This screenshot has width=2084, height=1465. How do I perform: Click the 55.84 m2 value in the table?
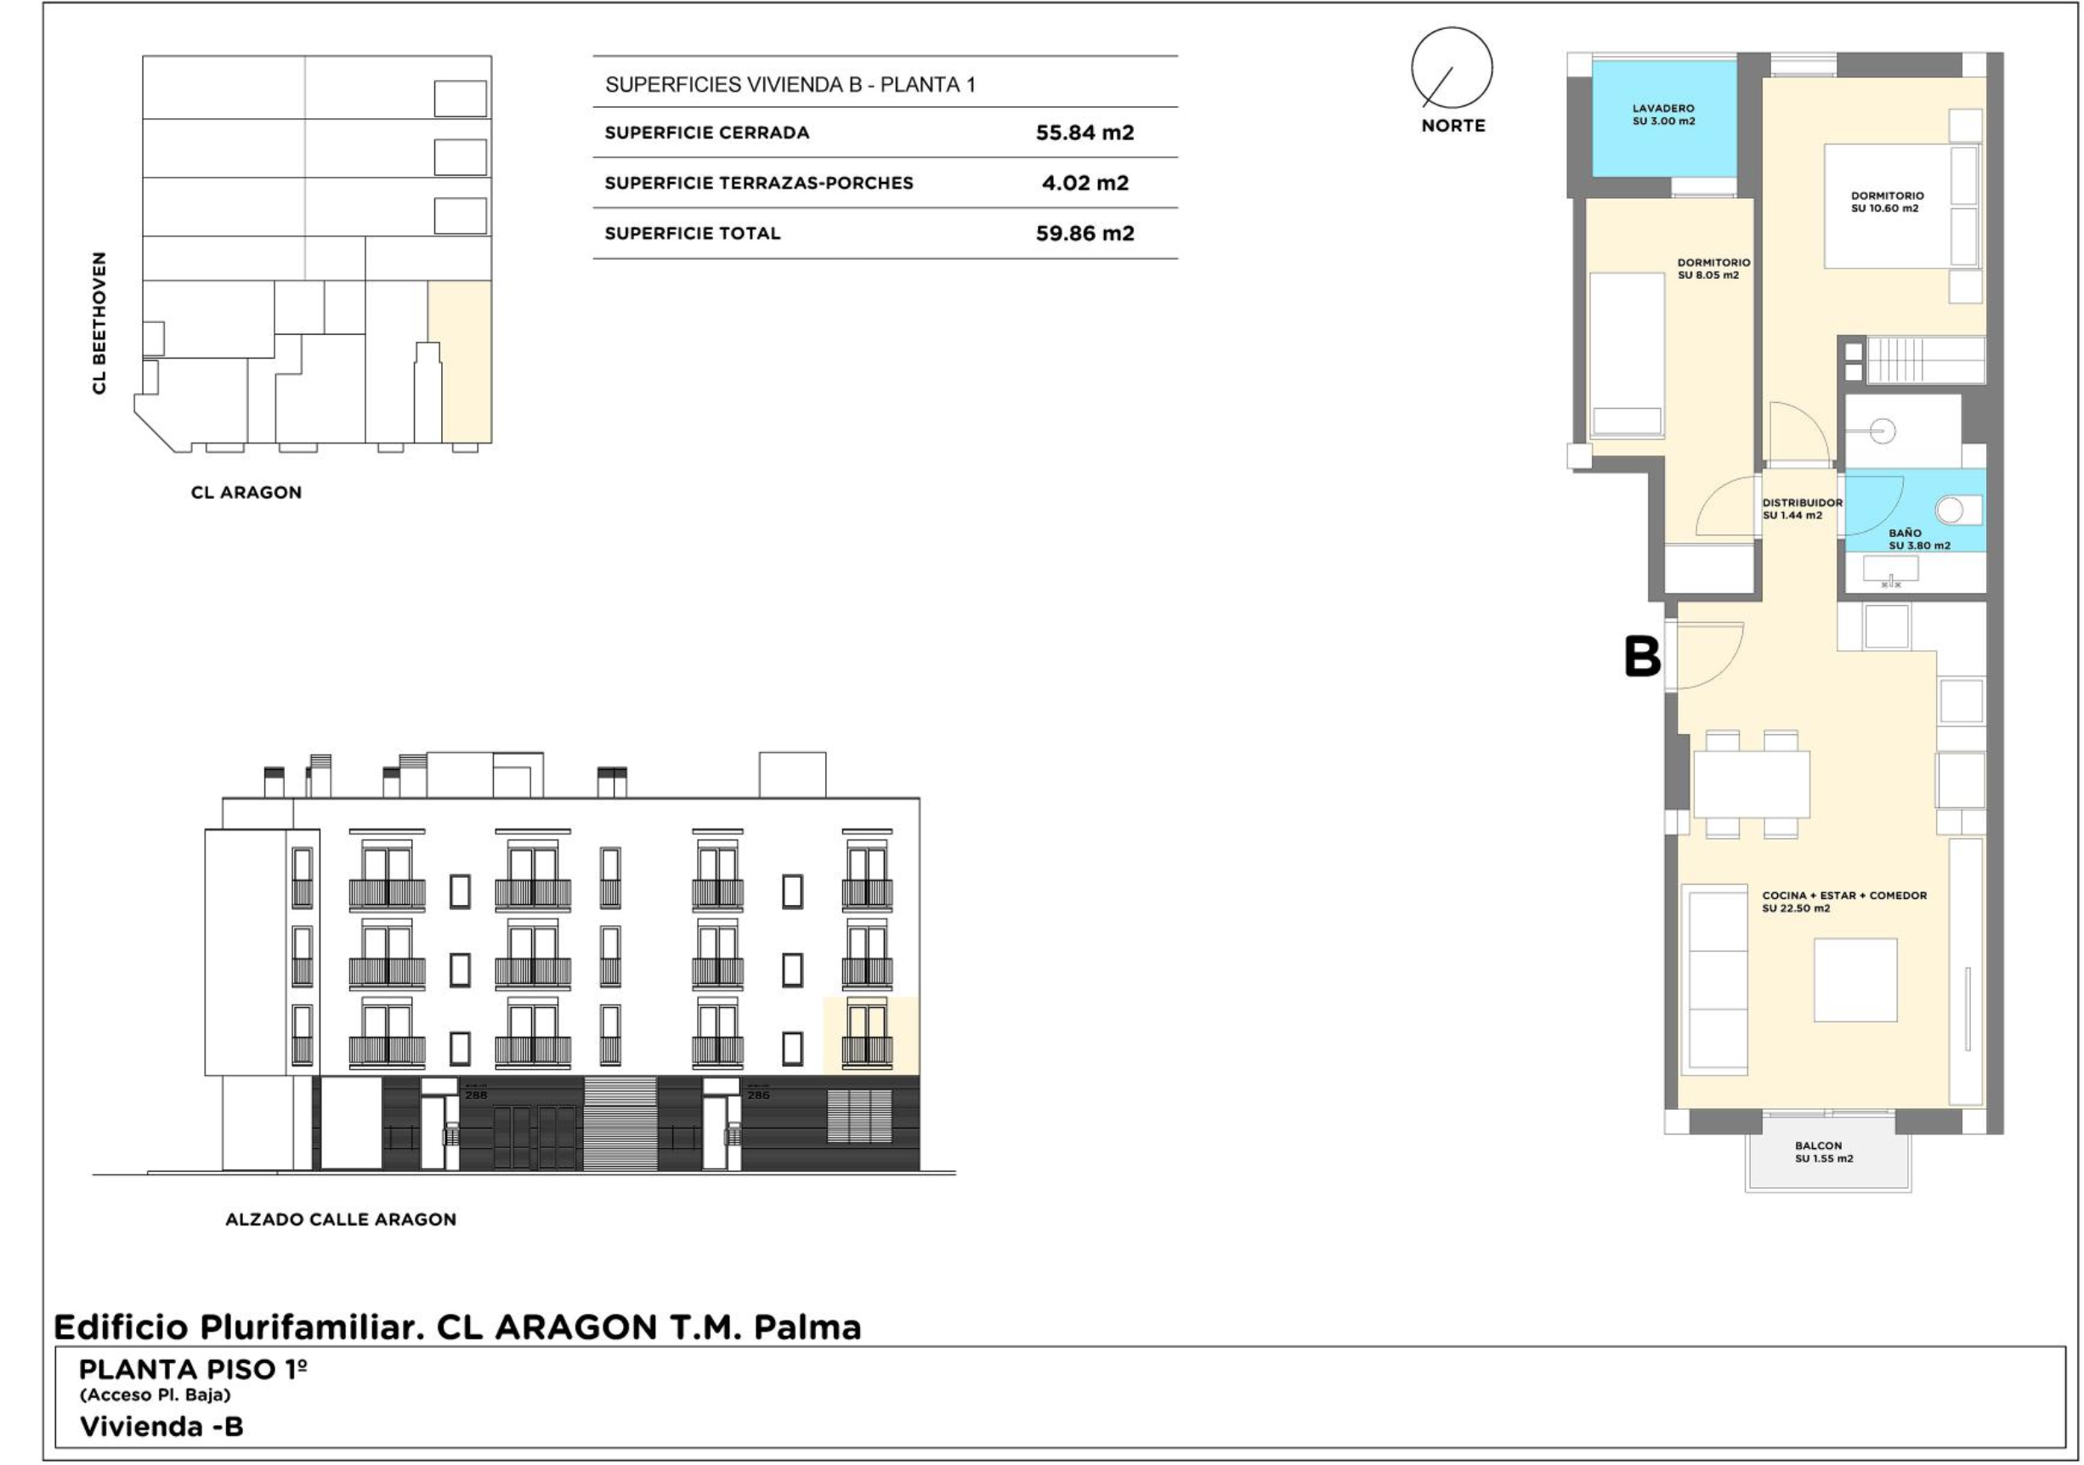coord(1084,133)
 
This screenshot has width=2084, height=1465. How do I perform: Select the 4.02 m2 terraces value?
coord(1084,183)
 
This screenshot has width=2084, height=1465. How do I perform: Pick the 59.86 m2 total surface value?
coord(1084,234)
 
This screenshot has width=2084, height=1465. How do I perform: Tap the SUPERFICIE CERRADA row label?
coord(707,133)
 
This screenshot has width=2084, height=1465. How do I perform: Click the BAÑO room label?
coord(1905,533)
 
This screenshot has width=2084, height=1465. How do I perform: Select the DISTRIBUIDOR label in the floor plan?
coord(1802,502)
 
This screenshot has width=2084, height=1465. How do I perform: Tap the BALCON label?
coord(1819,1145)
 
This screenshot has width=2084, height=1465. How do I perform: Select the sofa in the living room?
coord(1714,981)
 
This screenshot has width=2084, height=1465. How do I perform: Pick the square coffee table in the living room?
coord(1855,981)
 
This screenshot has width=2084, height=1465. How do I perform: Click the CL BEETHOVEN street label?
coord(99,323)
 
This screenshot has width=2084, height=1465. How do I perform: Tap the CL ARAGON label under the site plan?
coord(246,493)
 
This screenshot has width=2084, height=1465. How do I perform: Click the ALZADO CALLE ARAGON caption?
coord(340,1219)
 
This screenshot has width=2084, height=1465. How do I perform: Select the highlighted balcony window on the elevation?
coord(868,1035)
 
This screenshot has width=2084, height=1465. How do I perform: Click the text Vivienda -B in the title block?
coord(161,1426)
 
